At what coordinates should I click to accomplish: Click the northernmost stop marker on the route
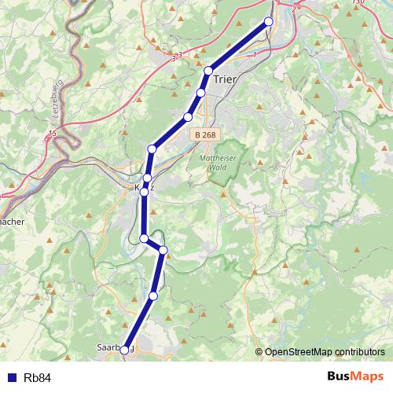pos(269,21)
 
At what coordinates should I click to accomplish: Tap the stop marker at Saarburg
pos(124,350)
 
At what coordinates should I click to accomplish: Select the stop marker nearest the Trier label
pos(208,72)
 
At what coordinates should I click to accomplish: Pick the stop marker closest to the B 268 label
pos(188,117)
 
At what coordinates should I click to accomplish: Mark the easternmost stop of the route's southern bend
pos(163,250)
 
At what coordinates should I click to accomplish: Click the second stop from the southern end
pos(153,296)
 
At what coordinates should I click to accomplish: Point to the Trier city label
pos(225,79)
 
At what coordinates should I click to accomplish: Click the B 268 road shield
pos(204,134)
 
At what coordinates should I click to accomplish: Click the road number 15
pos(51,134)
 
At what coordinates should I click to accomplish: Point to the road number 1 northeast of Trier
pos(255,55)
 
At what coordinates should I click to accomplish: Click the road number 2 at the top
pos(294,9)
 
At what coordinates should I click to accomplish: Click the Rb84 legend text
pos(37,378)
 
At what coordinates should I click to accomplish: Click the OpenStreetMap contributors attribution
pos(325,351)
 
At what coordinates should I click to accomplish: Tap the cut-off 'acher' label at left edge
pos(13,222)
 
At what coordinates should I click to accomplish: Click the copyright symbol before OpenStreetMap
pos(259,351)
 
